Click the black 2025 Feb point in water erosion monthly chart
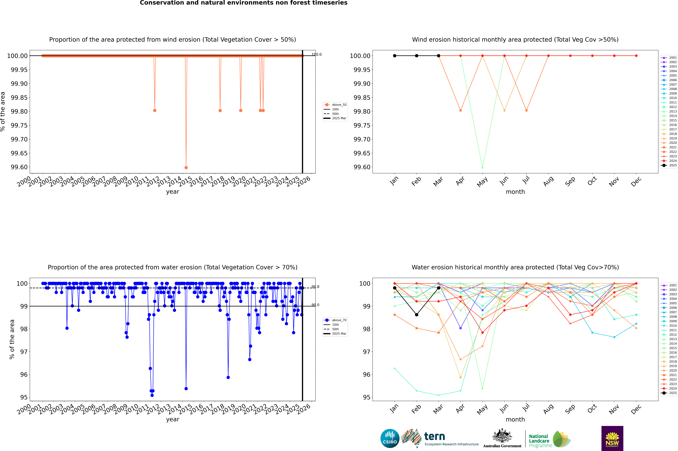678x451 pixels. (416, 315)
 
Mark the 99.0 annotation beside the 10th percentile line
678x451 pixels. (315, 305)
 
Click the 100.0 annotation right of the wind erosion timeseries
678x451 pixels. (316, 54)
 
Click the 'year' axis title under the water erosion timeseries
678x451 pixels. (172, 419)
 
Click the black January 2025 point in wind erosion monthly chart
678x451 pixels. (395, 56)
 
